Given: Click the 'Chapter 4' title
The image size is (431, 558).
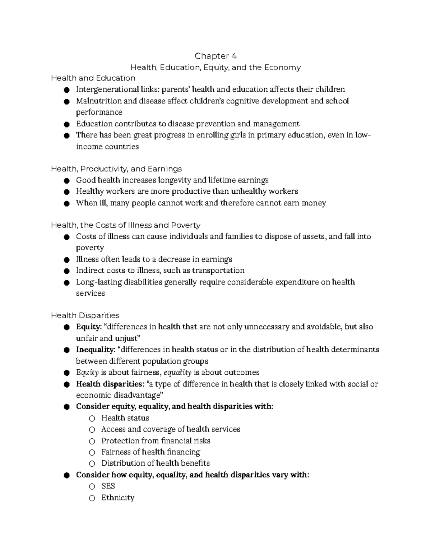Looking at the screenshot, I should pos(215,56).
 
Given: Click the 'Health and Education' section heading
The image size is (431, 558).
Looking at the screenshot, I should pos(93,78).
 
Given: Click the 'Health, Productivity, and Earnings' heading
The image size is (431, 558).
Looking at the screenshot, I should pos(116,169).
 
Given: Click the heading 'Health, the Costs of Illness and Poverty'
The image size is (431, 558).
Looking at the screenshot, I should pos(125,225).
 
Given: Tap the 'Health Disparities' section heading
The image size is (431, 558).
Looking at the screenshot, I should pos(85,315).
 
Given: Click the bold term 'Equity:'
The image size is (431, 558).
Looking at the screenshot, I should pos(89,327).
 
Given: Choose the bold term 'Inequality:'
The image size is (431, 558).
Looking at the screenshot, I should pos(96,350).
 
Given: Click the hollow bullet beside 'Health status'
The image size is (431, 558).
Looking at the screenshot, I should pos(92,418).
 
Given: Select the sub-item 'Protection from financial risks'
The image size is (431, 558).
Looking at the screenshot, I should pos(156,441).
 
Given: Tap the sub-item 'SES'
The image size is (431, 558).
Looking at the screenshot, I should pos(108,486).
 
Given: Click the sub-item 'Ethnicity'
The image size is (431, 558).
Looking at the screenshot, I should pos(117,498).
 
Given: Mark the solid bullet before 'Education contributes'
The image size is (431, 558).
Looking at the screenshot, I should pos(66,124).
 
